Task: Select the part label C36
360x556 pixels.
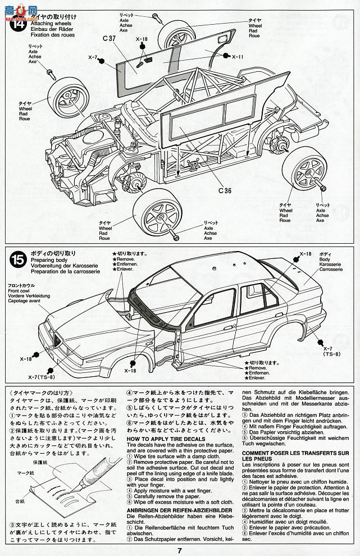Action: click(x=225, y=190)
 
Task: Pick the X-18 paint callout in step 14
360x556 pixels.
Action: click(x=141, y=39)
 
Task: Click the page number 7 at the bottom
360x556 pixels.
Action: click(x=179, y=550)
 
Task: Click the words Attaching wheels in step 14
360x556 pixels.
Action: click(x=47, y=25)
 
